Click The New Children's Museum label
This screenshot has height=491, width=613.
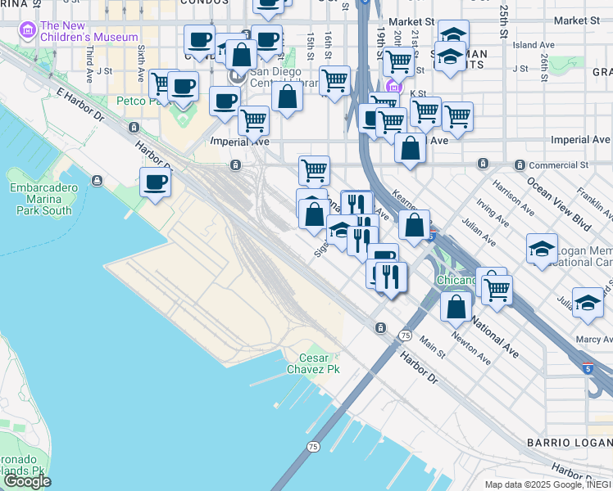click(89, 31)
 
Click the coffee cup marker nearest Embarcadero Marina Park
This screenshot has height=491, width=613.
click(155, 182)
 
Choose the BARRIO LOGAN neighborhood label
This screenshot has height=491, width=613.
click(576, 443)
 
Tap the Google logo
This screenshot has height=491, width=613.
click(27, 481)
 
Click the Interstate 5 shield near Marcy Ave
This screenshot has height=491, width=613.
click(591, 369)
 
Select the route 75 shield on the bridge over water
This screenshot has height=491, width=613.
click(313, 446)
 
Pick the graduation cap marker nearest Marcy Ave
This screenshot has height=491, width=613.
click(587, 302)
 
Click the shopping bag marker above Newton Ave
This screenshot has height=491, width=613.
click(456, 306)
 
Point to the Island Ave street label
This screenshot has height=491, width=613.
click(536, 45)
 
